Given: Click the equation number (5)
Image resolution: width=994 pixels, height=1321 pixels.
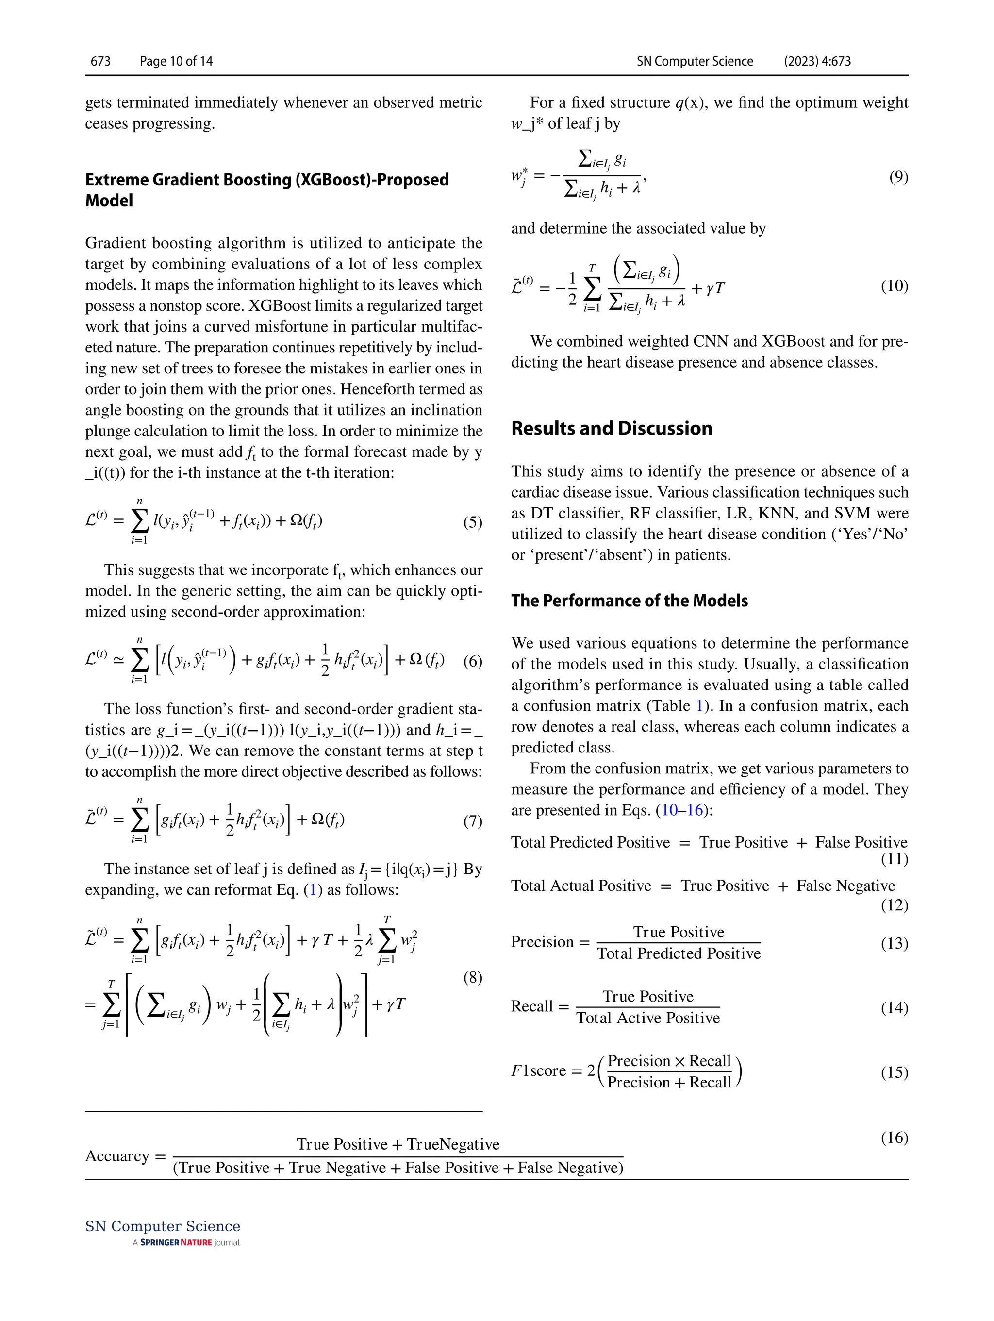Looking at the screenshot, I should (x=472, y=522).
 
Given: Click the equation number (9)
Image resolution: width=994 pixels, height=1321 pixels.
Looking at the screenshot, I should (x=898, y=177).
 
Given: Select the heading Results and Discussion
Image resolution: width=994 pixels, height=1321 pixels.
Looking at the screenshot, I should (x=612, y=428).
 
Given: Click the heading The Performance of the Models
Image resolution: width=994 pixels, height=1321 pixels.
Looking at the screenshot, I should (x=629, y=600).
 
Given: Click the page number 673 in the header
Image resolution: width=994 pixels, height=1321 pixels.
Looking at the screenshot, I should (x=100, y=61).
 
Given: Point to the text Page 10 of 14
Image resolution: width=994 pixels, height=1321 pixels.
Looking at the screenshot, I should (x=176, y=61).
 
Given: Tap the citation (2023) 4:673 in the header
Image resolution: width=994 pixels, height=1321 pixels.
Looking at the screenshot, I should (x=817, y=61).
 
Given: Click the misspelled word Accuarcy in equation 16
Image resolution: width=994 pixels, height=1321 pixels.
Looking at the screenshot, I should (x=117, y=1155).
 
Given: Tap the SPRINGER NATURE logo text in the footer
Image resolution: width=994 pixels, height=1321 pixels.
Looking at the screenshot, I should (x=176, y=1243).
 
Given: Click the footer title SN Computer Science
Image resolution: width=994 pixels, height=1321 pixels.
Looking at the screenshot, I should (x=163, y=1226).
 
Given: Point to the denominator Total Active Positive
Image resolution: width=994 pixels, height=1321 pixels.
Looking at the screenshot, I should (x=648, y=1018).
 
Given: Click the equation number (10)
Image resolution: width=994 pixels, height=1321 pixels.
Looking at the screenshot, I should (x=894, y=286).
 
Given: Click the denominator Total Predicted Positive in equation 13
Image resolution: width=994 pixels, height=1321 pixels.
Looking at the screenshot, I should (x=679, y=953).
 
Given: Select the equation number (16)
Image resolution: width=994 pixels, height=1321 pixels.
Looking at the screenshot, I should (x=894, y=1137).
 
